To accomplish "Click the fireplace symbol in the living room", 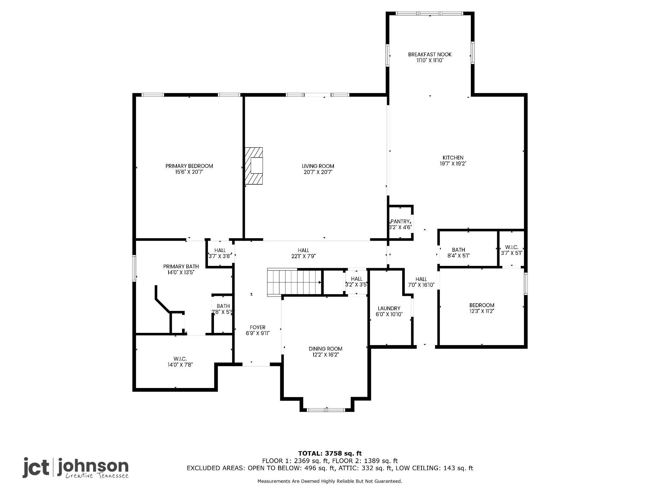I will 254,166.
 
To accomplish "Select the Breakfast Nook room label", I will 430,54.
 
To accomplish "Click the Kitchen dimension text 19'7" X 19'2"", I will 453,164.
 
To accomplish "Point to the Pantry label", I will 400,221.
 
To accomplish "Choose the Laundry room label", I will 389,308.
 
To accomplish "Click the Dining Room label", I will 325,349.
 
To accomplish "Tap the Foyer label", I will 257,327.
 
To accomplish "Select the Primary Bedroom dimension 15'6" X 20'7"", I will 189,172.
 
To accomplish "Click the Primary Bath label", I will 181,267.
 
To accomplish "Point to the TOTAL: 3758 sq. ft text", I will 330,453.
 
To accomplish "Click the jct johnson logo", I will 75,468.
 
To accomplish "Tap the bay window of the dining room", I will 326,410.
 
